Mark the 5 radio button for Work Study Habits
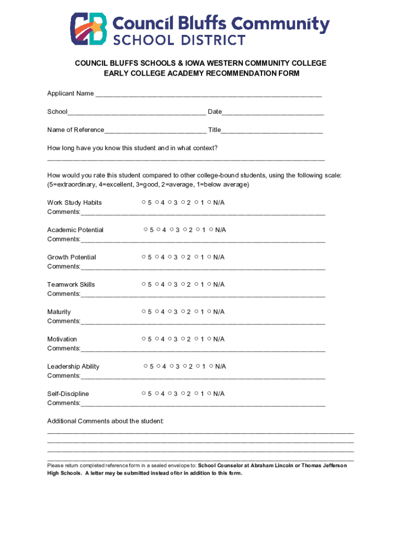coord(143,202)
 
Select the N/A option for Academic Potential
coord(211,229)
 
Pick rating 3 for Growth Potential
coord(170,257)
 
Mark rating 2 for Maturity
coord(183,311)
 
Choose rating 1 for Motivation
coord(196,339)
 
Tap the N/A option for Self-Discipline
coord(209,393)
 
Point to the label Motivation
coord(62,339)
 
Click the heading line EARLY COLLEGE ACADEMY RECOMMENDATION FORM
coord(202,74)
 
